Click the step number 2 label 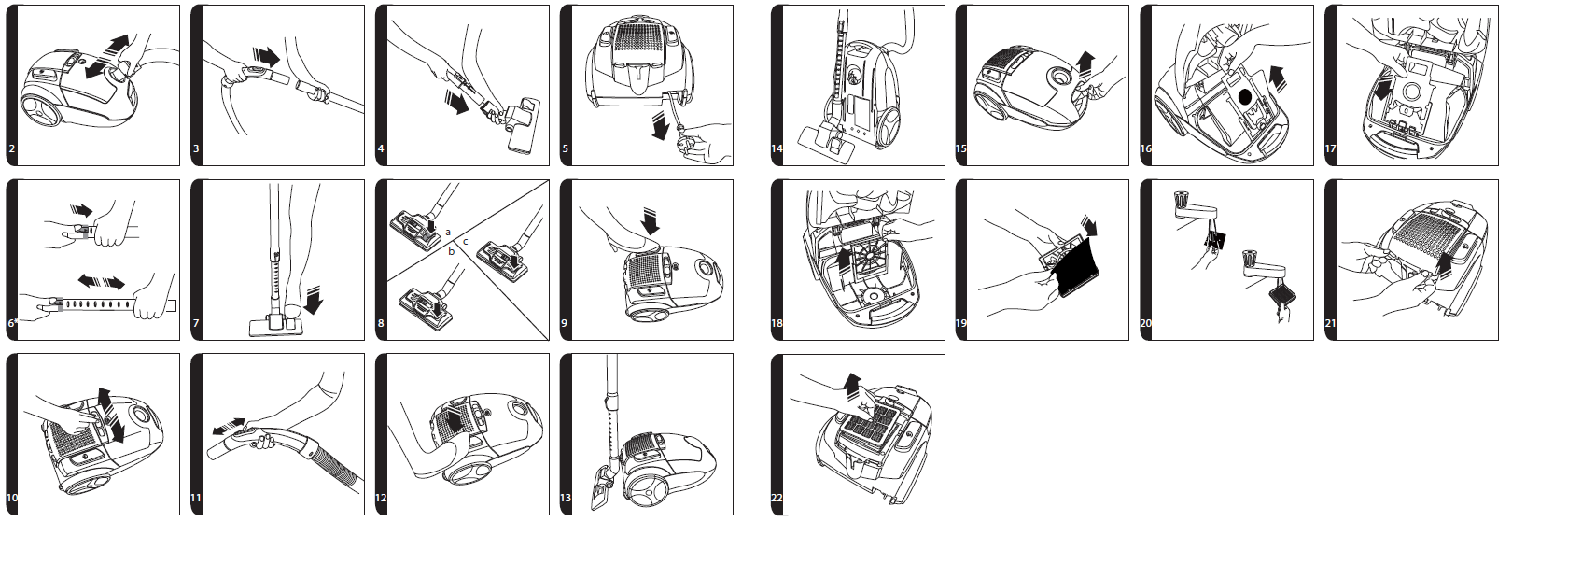pos(12,149)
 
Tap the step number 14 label pos(777,149)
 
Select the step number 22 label pos(777,499)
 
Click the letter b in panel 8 pos(452,251)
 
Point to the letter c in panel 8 pos(466,242)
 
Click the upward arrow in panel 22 pos(849,384)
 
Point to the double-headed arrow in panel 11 pos(229,428)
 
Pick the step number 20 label pos(1146,324)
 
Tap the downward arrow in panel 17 pos(1380,91)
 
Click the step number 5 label pos(566,149)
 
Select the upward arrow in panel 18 pos(844,259)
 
